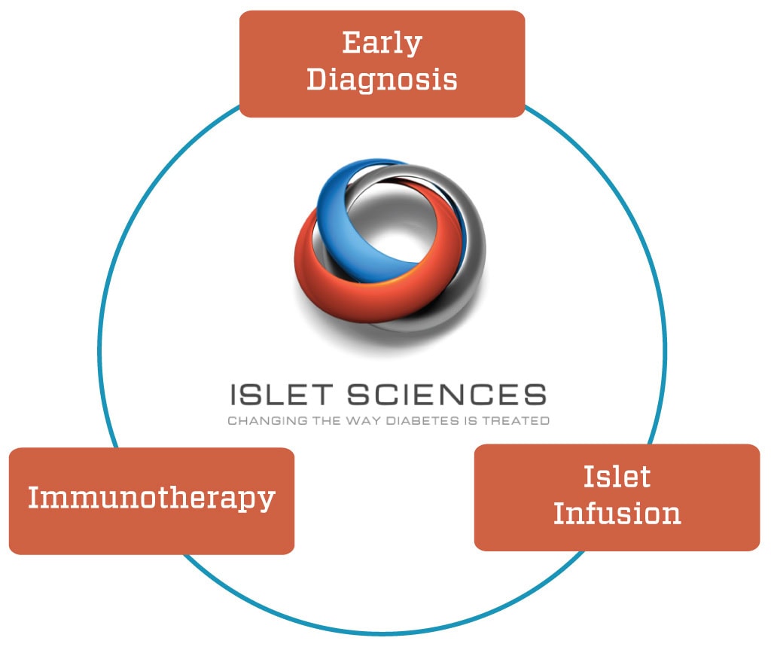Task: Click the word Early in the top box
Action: pyautogui.click(x=382, y=43)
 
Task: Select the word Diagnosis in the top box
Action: pyautogui.click(x=382, y=80)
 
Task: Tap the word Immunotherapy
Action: pyautogui.click(x=151, y=498)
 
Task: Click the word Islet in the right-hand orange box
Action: pyautogui.click(x=617, y=477)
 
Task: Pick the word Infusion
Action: pyautogui.click(x=617, y=514)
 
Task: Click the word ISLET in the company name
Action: pyautogui.click(x=282, y=395)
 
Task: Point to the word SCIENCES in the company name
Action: pyautogui.click(x=447, y=395)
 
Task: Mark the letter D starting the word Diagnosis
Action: pyautogui.click(x=317, y=78)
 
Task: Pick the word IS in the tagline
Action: pyautogui.click(x=471, y=421)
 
